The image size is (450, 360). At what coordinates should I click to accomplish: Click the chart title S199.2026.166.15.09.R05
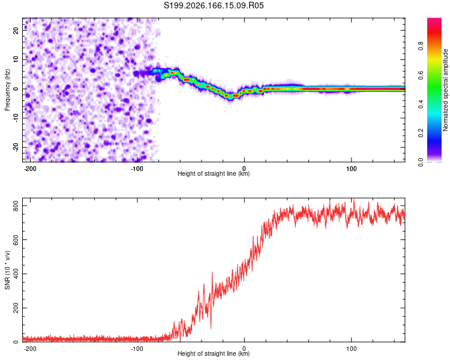[214, 5]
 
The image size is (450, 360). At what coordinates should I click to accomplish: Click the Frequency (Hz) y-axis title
[7, 90]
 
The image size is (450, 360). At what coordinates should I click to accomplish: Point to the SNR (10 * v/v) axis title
[7, 270]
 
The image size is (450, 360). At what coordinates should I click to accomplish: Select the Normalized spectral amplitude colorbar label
[445, 90]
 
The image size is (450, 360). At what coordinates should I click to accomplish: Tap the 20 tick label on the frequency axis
[16, 30]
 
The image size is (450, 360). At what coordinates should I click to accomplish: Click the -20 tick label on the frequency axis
[16, 147]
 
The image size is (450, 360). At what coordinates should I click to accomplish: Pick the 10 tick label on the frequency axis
[16, 59]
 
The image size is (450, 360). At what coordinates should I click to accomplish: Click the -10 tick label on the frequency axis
[16, 118]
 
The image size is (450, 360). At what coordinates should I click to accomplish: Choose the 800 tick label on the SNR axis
[16, 206]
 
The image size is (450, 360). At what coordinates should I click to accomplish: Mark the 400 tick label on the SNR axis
[16, 274]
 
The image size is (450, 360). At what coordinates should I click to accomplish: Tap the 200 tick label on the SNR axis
[16, 308]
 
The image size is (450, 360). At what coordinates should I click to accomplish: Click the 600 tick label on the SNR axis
[16, 240]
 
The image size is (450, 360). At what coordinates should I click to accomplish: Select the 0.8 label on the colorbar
[421, 46]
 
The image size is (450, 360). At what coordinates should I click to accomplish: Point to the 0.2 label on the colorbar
[421, 133]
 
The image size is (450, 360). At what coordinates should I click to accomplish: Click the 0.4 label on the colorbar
[421, 104]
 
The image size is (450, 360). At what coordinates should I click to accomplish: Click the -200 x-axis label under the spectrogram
[29, 169]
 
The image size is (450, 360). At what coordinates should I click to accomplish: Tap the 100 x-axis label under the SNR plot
[351, 349]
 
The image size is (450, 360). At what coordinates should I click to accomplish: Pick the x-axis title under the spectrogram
[214, 173]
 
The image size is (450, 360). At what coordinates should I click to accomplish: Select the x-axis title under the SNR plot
[214, 353]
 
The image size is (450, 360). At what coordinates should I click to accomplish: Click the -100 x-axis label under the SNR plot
[137, 349]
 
